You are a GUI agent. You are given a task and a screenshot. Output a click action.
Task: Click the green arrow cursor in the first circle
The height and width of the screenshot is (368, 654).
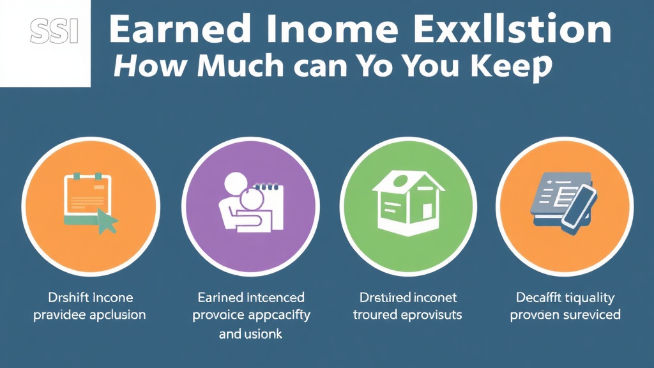tap(106, 222)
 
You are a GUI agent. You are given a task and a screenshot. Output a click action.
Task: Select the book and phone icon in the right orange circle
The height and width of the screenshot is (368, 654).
tap(563, 200)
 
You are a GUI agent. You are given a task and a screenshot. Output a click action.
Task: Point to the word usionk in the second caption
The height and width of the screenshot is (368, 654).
tap(261, 333)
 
